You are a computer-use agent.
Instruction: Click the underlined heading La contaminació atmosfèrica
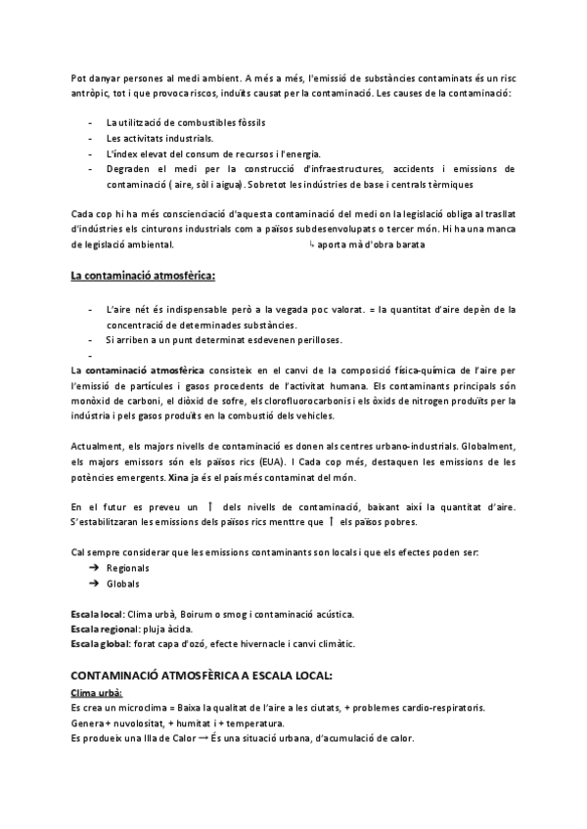[142, 276]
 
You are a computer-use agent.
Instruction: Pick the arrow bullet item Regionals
[128, 567]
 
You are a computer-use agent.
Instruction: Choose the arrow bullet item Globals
[122, 584]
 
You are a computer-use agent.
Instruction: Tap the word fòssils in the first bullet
[249, 122]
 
